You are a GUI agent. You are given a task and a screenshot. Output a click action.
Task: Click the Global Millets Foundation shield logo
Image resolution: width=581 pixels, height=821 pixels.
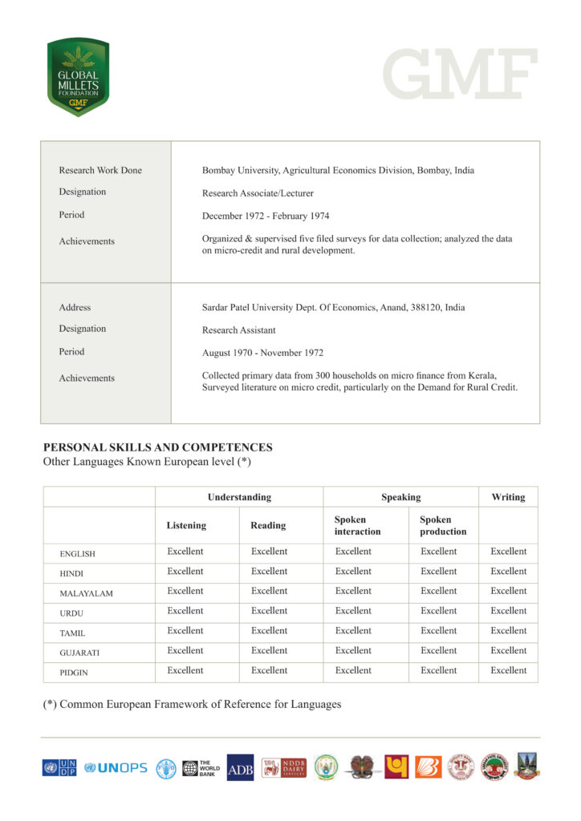(x=78, y=77)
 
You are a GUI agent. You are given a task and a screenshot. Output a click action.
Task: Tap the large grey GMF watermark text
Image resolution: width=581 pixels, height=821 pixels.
(x=460, y=74)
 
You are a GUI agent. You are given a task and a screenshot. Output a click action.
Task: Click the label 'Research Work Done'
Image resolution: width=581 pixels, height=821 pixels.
(x=100, y=170)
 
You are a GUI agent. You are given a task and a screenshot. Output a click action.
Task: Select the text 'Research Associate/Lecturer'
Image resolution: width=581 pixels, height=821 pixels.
(x=258, y=193)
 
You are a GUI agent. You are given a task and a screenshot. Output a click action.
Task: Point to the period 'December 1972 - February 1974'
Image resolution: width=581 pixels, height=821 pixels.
(x=266, y=216)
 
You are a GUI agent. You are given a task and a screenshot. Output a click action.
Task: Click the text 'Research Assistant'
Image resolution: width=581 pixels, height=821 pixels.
(x=238, y=330)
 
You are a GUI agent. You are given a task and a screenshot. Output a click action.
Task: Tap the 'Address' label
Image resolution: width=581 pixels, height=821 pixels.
(x=75, y=307)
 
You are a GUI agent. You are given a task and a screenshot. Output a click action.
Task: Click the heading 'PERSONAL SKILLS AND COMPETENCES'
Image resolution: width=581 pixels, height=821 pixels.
(x=157, y=447)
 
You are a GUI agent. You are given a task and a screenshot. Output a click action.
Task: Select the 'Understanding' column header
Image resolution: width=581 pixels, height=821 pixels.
(x=239, y=497)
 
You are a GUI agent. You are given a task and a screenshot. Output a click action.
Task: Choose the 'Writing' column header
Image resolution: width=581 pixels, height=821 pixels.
(x=508, y=497)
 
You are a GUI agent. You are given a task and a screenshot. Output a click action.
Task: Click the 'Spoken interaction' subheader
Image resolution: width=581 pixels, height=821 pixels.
(x=357, y=525)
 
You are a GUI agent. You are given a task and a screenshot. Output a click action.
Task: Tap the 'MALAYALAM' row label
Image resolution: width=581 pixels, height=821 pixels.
(x=86, y=593)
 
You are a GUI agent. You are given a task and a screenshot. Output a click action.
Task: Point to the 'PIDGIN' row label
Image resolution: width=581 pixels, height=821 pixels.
(x=75, y=673)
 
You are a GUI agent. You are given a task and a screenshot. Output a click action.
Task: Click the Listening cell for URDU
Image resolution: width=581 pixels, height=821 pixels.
(x=185, y=611)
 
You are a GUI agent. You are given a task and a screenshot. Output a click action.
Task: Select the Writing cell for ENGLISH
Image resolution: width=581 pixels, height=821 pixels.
(x=508, y=552)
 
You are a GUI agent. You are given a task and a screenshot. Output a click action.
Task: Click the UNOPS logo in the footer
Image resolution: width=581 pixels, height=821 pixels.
(x=116, y=767)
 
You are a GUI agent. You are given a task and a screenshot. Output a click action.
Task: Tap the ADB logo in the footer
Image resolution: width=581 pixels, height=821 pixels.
(x=240, y=767)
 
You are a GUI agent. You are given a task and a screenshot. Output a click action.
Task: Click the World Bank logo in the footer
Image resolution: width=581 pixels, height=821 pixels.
(x=201, y=767)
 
